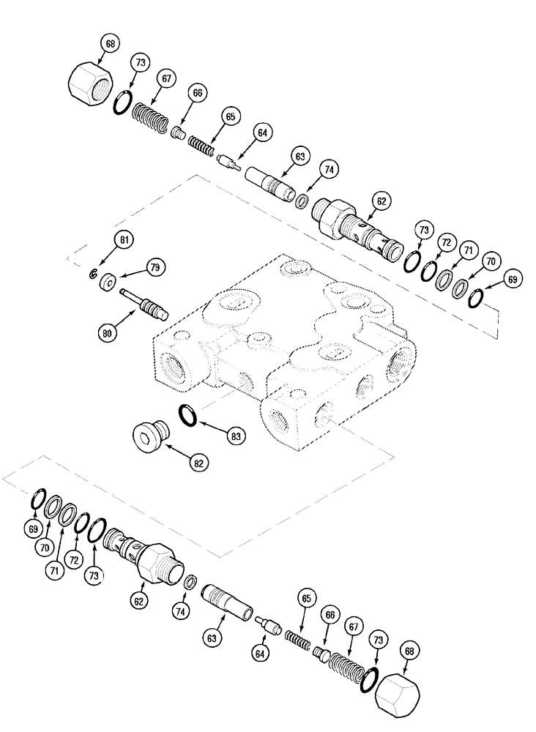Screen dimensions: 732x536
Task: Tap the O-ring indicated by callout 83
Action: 188,416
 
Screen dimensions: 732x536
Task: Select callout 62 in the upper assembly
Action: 382,199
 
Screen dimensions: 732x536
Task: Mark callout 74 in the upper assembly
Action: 331,168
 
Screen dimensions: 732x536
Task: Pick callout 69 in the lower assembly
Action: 33,527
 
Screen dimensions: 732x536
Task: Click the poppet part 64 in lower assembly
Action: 269,625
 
